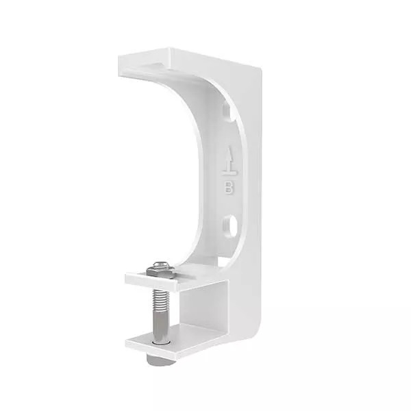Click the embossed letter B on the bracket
pos(229,188)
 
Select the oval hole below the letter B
pos(231,225)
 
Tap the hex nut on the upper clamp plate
pos(160,271)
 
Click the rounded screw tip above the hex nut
pos(162,265)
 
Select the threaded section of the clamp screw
pos(161,298)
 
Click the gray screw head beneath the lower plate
pos(161,359)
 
